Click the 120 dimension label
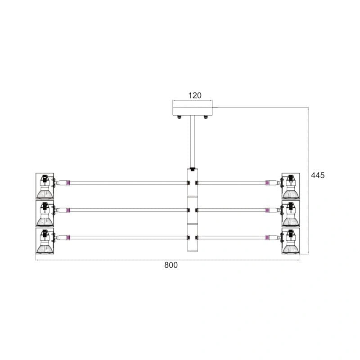(195, 95)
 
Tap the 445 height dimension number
(318, 175)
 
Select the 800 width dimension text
(171, 265)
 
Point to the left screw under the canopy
(179, 117)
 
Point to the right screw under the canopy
(206, 117)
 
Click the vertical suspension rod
(193, 142)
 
